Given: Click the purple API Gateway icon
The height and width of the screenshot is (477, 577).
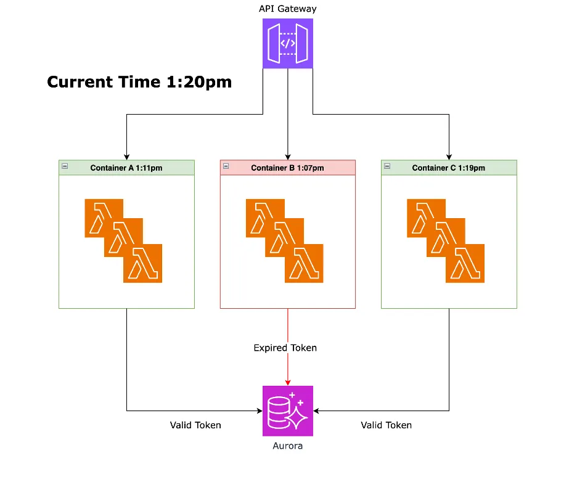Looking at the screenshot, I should tap(288, 43).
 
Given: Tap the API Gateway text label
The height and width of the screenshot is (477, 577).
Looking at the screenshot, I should tap(288, 9).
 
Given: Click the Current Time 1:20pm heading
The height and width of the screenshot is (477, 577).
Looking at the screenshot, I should tap(139, 82).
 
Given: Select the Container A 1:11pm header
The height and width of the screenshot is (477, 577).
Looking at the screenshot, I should tap(126, 168).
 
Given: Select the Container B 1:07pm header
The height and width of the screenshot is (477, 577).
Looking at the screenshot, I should tap(287, 168).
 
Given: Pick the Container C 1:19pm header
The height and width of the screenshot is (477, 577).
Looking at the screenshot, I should tap(448, 168).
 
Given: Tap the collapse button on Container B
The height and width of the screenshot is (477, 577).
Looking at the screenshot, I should tap(226, 166).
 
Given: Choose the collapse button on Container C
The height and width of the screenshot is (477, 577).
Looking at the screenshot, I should tap(387, 166).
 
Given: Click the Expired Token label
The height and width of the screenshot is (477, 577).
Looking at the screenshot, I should tap(285, 348).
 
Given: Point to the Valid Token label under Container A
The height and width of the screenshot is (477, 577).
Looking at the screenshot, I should tap(195, 425).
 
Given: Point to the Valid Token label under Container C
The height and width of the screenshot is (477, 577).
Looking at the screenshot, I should tap(386, 425).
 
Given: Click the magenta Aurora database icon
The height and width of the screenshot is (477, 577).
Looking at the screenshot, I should tap(288, 410).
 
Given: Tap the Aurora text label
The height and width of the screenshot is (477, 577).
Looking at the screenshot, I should tap(288, 446).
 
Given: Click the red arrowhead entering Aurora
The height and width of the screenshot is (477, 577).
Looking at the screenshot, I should tap(288, 381).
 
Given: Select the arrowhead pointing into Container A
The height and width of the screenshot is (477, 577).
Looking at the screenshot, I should tap(126, 157).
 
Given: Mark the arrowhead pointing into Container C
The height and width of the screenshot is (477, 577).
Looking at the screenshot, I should tap(449, 157).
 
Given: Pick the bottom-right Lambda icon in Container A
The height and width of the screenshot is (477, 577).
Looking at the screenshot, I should tap(143, 264).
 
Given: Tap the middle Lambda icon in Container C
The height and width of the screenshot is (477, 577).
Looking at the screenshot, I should tap(446, 238).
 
